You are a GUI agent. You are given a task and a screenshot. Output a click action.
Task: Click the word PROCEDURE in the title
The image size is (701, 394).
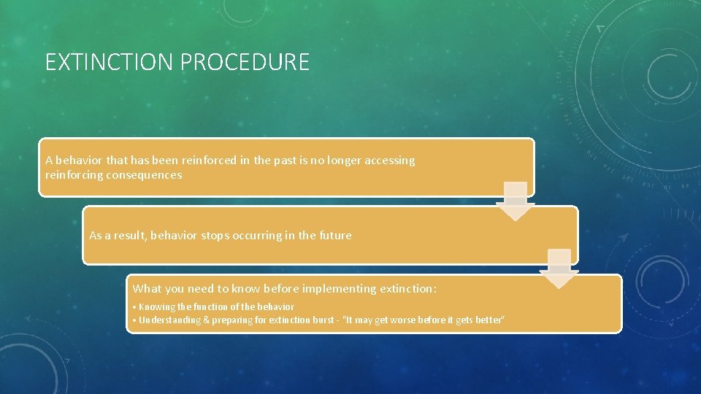point(245,63)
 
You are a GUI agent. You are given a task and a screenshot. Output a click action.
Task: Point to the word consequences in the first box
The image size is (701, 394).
point(145,175)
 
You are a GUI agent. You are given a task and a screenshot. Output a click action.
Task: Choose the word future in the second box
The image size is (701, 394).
point(334,236)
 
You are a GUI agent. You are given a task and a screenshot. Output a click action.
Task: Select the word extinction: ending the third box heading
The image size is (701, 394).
point(408,289)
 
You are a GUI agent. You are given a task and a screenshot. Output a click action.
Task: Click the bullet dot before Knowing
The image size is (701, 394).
point(135,307)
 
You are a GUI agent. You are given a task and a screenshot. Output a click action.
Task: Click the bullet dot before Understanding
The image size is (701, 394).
point(135,320)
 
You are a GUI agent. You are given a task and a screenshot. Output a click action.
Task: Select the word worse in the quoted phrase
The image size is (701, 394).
point(406,320)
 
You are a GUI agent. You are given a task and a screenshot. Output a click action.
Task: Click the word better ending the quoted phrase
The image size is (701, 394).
point(490,320)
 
